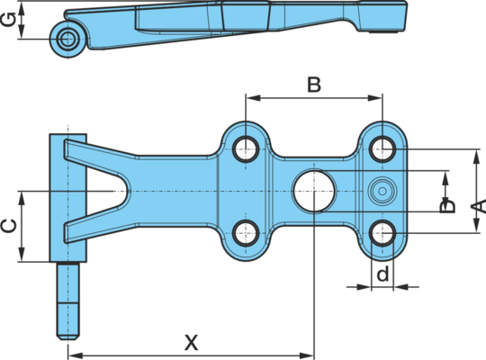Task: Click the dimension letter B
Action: tap(314, 85)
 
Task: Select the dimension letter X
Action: tap(191, 343)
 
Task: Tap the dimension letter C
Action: tap(9, 226)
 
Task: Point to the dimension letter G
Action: tap(8, 20)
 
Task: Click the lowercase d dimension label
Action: tap(382, 274)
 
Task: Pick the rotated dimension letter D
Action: tap(448, 206)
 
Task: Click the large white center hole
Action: tap(314, 191)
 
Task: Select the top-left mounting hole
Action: tap(246, 148)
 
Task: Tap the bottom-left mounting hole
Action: tap(246, 233)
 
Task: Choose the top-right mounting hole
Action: tap(382, 148)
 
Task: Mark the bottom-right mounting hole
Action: tap(382, 233)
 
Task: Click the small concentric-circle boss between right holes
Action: tap(382, 191)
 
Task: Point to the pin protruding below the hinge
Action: tap(67, 301)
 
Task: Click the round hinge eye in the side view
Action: tap(67, 39)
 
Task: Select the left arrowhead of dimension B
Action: tap(252, 98)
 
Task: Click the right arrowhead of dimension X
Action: tap(307, 355)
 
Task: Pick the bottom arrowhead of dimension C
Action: tap(22, 254)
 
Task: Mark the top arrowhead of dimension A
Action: tap(476, 157)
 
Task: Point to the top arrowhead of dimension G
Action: tap(22, 9)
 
